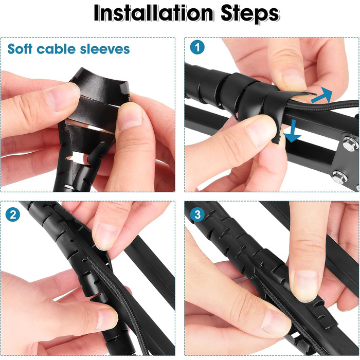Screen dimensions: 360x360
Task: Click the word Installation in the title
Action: (x=153, y=13)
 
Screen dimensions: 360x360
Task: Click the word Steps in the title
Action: (x=250, y=14)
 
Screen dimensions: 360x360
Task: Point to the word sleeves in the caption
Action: (x=105, y=49)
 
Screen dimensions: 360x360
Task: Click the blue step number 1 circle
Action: (x=197, y=47)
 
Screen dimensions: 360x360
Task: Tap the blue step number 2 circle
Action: (x=13, y=214)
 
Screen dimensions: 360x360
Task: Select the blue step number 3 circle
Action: (x=197, y=214)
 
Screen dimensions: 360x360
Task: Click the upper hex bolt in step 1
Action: (x=350, y=143)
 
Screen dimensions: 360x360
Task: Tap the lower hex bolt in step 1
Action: (x=339, y=177)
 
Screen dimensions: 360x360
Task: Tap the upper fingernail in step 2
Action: (x=106, y=236)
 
